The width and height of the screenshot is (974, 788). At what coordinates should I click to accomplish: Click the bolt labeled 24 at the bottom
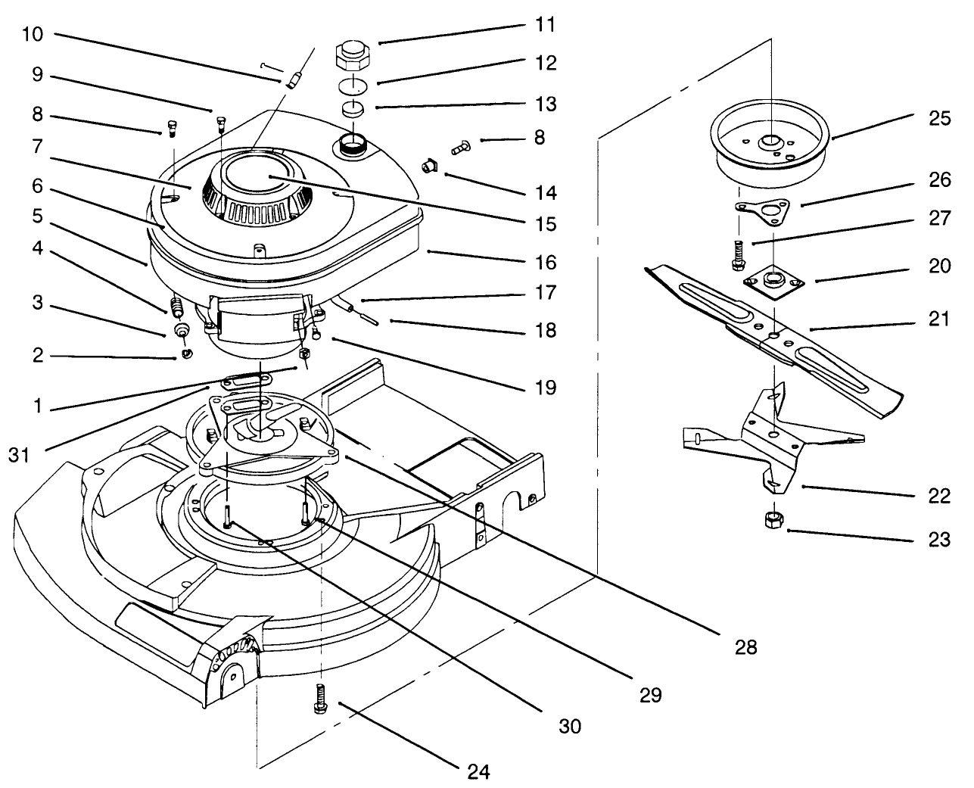[x=318, y=696]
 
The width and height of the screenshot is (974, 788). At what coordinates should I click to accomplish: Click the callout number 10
[x=33, y=34]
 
